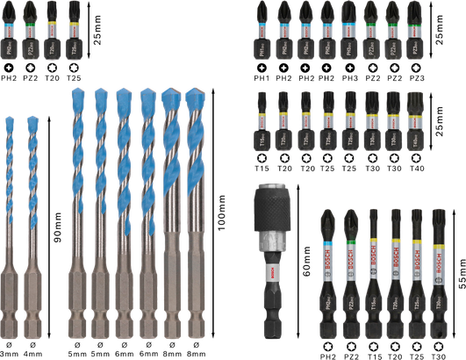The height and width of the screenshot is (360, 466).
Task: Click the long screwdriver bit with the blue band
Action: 330,263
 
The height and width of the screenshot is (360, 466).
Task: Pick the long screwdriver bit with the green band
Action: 352,263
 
